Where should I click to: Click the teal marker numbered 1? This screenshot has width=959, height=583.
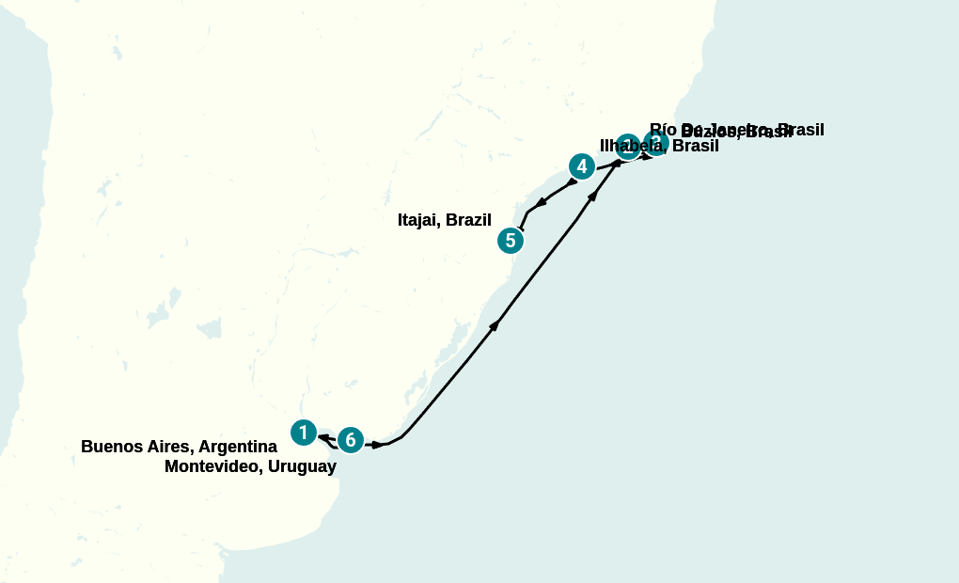(x=303, y=433)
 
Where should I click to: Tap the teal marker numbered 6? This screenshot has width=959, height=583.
(x=350, y=439)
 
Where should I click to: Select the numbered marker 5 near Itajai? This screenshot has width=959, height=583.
(x=510, y=241)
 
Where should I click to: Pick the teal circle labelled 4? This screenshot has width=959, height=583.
(x=582, y=167)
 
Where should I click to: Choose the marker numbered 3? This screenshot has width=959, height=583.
(x=656, y=143)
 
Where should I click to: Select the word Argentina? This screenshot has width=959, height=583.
(x=237, y=447)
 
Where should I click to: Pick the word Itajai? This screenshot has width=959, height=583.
(x=419, y=220)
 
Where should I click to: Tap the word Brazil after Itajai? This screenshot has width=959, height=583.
(x=469, y=220)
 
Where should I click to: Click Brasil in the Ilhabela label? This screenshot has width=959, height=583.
(x=696, y=147)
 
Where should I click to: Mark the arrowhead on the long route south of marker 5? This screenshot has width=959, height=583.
(x=495, y=324)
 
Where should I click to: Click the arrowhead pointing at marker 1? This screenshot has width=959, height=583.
(x=323, y=437)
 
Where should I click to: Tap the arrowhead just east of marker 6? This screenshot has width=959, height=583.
(x=377, y=444)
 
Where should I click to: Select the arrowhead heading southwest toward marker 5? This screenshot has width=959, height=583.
(x=541, y=202)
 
